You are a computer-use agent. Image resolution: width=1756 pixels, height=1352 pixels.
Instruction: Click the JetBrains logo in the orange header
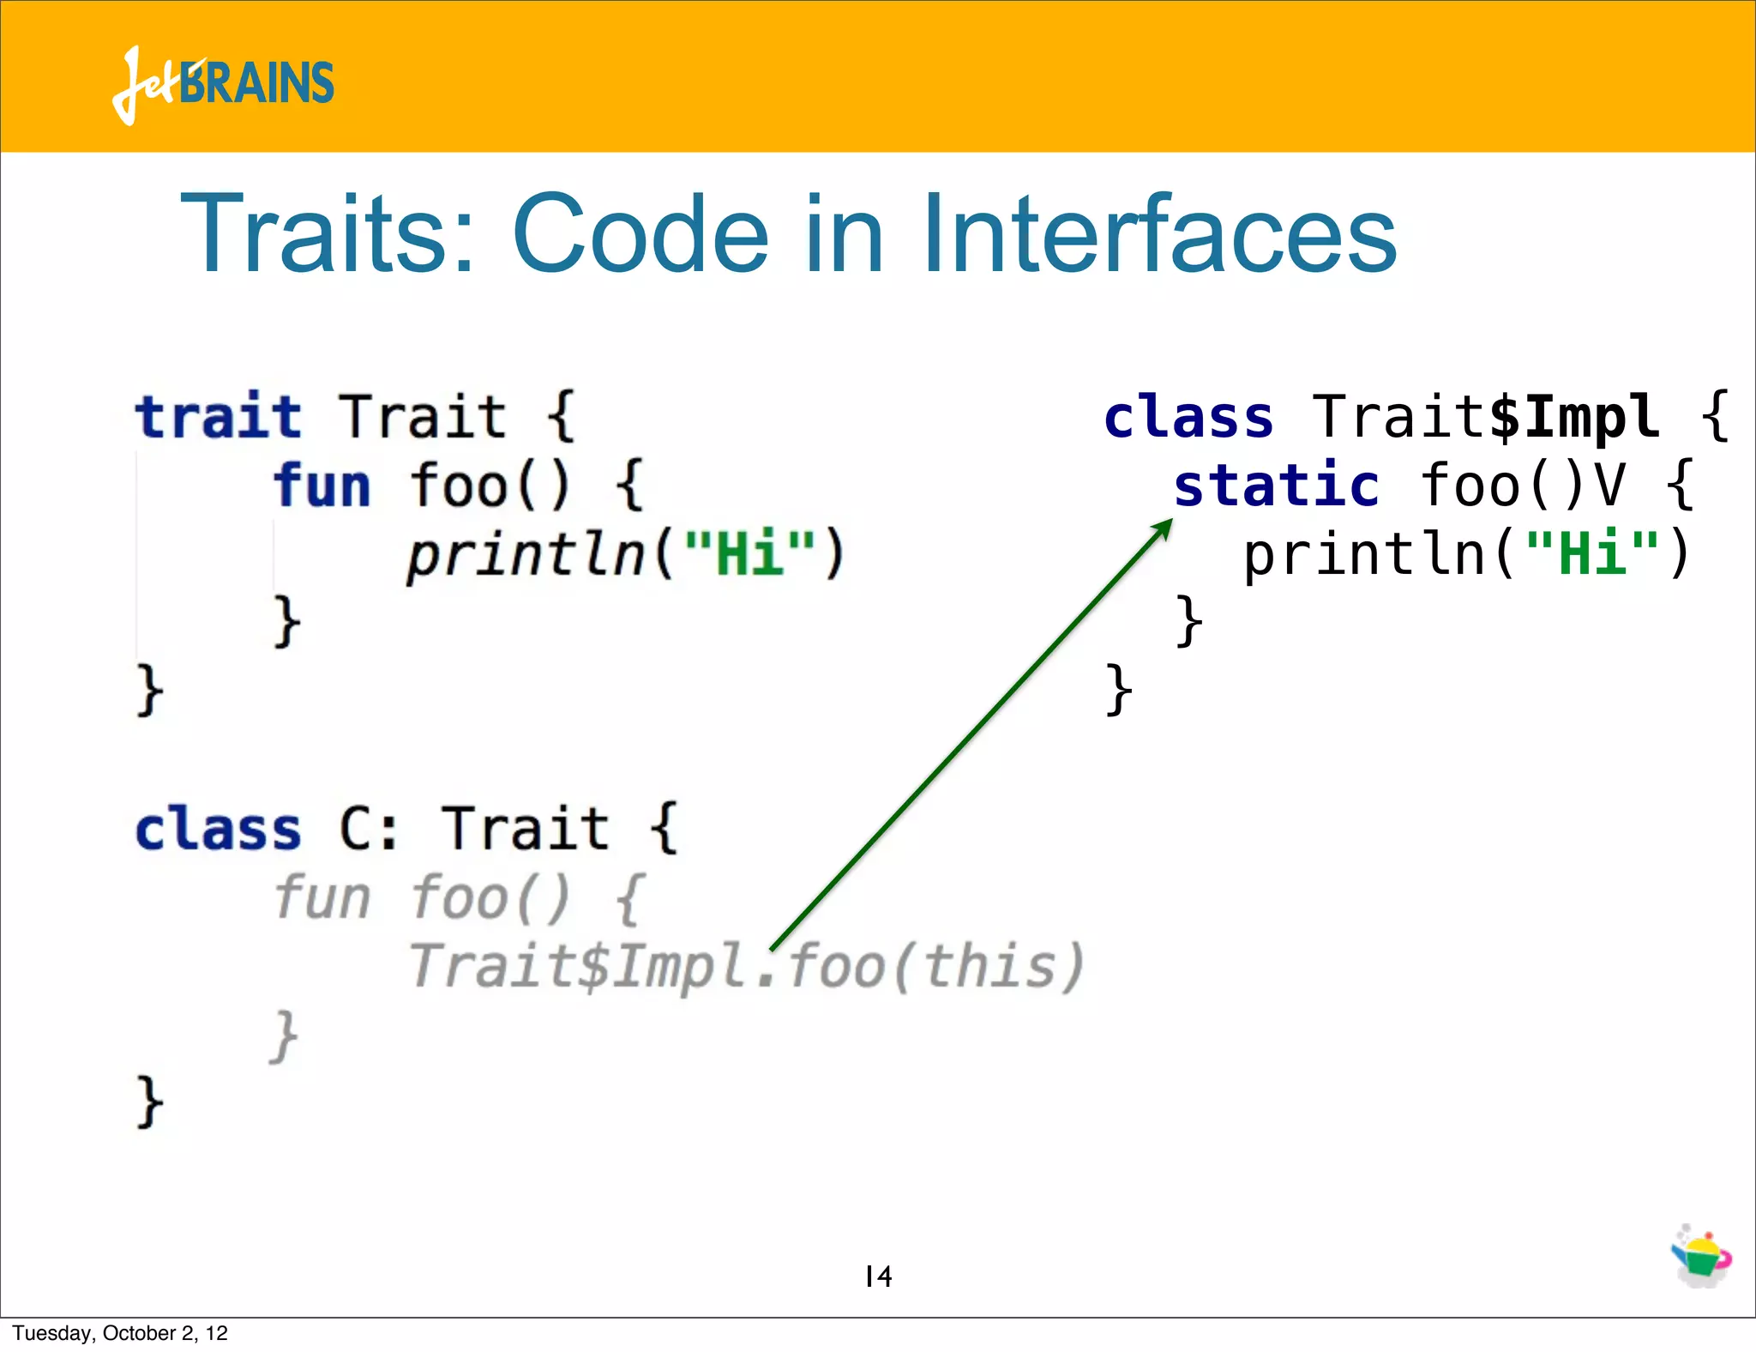223,84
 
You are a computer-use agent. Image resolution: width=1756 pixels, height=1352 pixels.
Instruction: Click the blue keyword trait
218,417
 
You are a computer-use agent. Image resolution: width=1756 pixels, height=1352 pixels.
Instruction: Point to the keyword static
1276,486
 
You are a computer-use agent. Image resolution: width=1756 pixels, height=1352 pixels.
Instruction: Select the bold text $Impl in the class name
1574,418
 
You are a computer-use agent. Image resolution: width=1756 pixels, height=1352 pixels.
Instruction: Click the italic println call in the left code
525,554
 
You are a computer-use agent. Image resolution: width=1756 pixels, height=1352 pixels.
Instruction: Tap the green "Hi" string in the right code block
1593,553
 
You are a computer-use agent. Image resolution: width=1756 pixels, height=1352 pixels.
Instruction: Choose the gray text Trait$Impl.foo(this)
746,967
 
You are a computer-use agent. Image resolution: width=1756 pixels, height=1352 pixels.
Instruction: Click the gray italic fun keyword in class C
322,898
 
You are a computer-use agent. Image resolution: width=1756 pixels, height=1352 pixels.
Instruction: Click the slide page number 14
878,1277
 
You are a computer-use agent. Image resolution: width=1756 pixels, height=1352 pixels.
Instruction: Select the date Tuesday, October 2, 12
120,1333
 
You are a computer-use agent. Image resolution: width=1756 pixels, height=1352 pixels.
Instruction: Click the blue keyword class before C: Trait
218,830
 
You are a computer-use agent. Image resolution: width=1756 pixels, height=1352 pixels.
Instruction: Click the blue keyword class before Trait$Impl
1188,418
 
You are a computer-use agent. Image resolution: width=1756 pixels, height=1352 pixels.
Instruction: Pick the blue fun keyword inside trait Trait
322,486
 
